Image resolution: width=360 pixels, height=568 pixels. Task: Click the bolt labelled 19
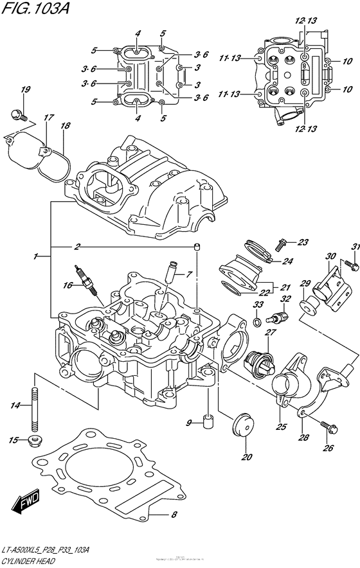[18, 116]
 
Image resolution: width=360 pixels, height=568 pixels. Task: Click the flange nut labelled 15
[35, 440]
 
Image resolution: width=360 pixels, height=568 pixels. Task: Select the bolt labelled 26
[326, 424]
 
